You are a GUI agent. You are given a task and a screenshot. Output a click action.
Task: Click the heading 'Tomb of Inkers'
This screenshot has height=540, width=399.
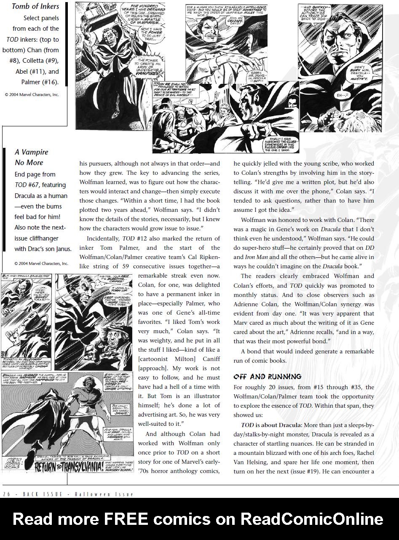pos(35,6)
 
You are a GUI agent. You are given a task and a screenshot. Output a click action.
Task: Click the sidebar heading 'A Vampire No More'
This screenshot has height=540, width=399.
pos(31,157)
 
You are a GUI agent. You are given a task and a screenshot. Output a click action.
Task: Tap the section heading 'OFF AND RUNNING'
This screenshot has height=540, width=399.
pos(268,376)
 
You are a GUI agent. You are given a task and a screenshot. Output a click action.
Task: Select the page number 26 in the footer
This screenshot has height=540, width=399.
pos(6,494)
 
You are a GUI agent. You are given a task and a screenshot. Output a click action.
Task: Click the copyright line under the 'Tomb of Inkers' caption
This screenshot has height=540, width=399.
pos(32,94)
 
